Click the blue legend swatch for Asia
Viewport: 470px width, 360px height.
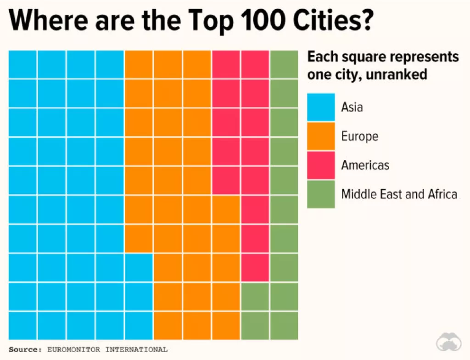pos(321,107)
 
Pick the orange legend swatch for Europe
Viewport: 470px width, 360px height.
pos(321,136)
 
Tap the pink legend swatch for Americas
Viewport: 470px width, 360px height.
pos(321,165)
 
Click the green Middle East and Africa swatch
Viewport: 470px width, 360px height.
pos(321,194)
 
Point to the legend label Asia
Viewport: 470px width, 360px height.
pos(352,107)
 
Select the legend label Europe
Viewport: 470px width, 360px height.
pos(360,136)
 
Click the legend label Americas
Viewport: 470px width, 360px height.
pos(365,165)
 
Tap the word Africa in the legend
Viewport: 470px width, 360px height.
pos(442,194)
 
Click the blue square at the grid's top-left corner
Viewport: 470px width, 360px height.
pos(22,64)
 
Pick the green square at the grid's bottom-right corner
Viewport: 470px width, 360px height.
pos(284,326)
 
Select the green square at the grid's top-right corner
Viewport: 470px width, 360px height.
pos(284,64)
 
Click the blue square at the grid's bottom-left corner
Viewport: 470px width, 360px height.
pos(22,326)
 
